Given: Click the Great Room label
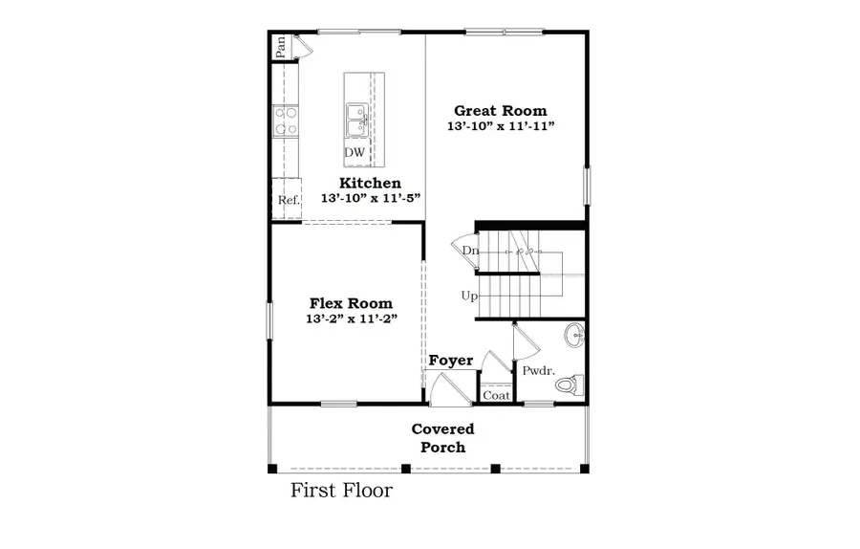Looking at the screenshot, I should pos(501,110).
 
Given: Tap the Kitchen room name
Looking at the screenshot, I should pos(370,183).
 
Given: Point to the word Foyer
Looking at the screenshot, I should pos(451,361).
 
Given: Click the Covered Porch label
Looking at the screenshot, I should pos(442,438).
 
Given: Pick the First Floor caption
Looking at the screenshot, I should pos(341,492).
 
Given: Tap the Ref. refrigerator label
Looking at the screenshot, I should pos(289,201).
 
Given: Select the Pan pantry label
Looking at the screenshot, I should pos(280,47).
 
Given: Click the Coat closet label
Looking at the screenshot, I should pos(496,394).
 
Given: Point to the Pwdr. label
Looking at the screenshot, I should pos(535,370).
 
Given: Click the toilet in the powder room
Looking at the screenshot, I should pos(570,385).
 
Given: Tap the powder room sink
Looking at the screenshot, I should pos(574,336).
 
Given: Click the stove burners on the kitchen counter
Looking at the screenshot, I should pos(285,120).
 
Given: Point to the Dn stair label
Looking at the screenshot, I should pos(470,251).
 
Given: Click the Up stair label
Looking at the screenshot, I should pos(469,296).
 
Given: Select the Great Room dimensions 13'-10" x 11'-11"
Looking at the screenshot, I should pos(501,126).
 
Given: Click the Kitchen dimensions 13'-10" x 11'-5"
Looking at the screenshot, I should pos(370,198).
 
